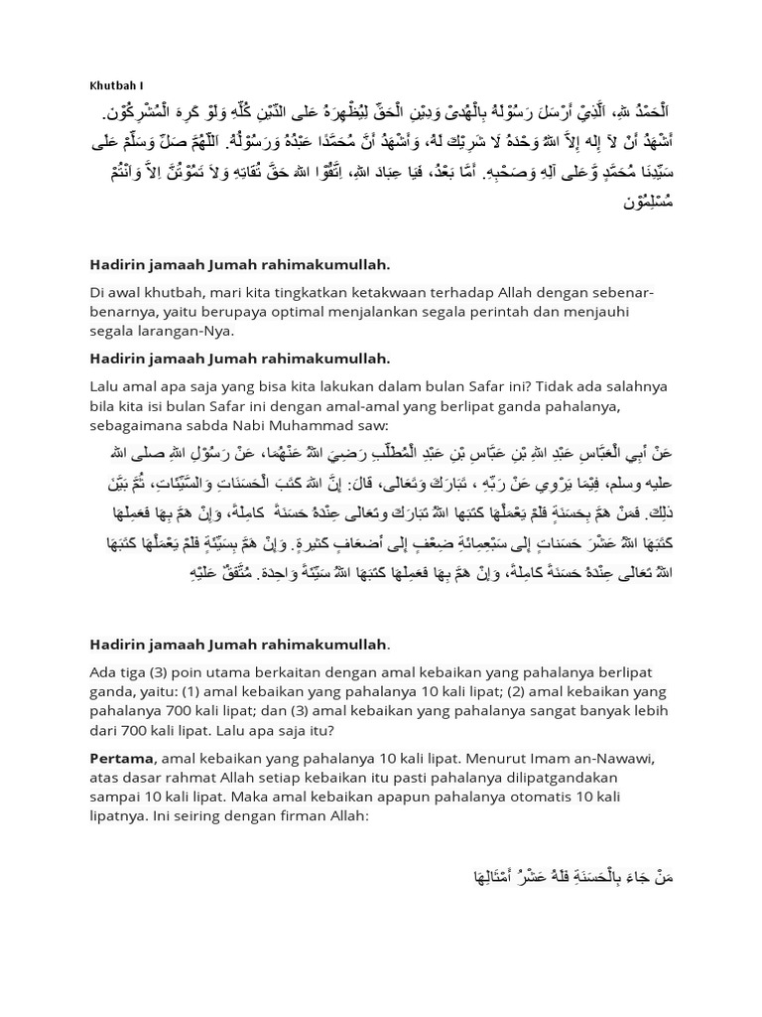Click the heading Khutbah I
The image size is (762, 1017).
(x=116, y=85)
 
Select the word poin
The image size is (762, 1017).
(x=197, y=673)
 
